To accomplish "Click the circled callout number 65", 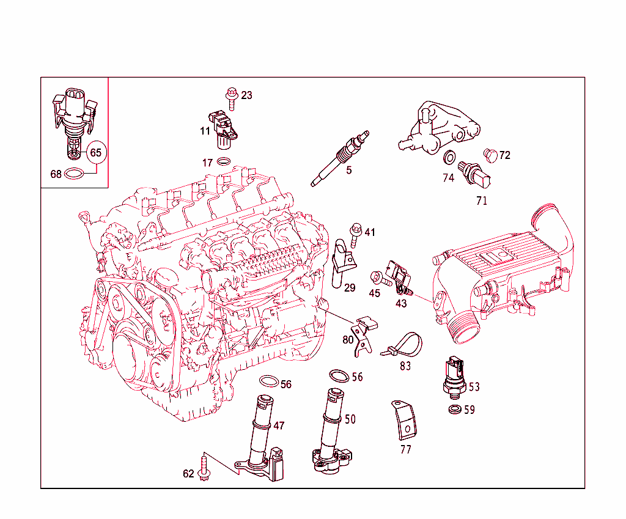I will click(96, 152).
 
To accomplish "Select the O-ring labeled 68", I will click(74, 174).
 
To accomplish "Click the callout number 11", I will click(205, 130).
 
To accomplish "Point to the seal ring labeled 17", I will click(224, 162).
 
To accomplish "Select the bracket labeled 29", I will click(343, 263).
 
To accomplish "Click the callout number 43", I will click(401, 303).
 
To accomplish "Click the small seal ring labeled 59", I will click(454, 408).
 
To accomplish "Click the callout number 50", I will click(350, 419).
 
